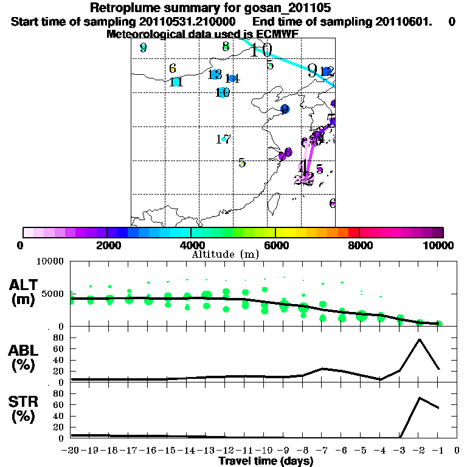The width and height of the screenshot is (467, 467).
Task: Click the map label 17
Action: [x=223, y=139]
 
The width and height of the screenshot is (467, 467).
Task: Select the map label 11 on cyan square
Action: [x=176, y=82]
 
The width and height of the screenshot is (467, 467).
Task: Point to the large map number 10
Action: [x=261, y=50]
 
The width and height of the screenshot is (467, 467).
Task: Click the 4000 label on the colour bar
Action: [x=190, y=245]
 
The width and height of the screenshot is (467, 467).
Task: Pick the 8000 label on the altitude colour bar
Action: [x=359, y=245]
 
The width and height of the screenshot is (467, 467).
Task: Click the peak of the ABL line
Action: [x=420, y=339]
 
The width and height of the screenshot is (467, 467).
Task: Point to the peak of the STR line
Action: [x=420, y=398]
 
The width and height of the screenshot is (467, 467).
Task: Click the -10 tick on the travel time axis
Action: [x=265, y=450]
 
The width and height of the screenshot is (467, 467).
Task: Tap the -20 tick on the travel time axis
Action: [x=71, y=450]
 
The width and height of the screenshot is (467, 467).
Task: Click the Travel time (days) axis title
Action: [x=266, y=461]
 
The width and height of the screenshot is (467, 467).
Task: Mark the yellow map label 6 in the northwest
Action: [x=173, y=69]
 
